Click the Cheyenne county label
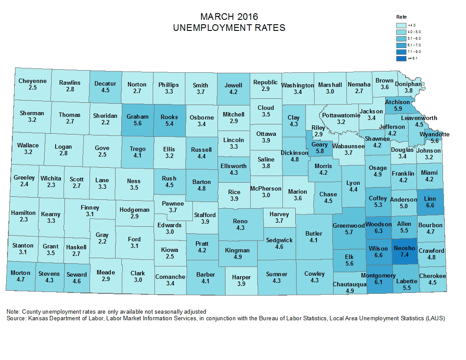[32, 81]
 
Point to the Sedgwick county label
[279, 240]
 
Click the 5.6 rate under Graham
[137, 124]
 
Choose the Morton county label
[21, 273]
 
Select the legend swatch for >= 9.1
[401, 58]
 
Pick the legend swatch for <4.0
[401, 25]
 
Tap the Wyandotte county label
[435, 134]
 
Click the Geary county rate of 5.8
[319, 151]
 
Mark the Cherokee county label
[432, 276]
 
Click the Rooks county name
[169, 117]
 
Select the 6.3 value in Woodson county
[378, 231]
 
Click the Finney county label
[90, 207]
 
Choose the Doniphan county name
[408, 84]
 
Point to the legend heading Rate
[401, 16]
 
